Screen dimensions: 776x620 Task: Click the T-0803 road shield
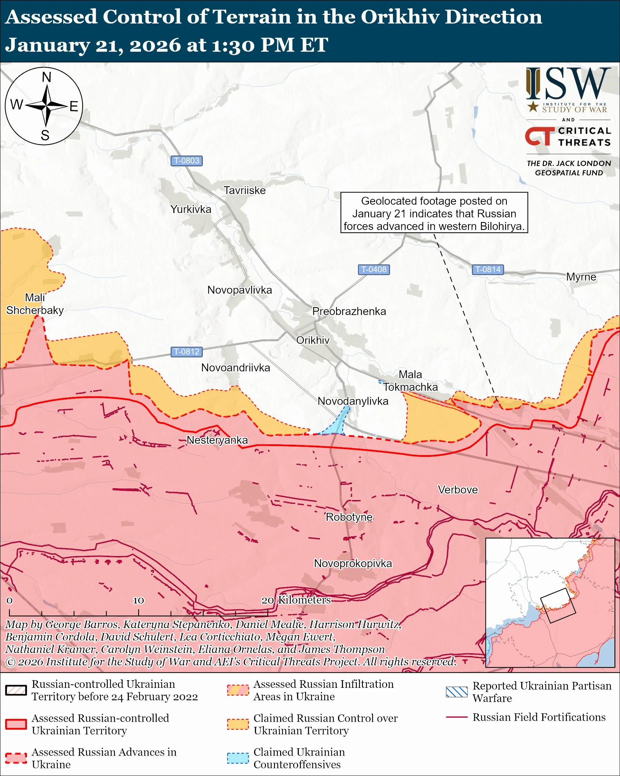[186, 160]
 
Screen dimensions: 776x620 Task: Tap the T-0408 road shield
[374, 269]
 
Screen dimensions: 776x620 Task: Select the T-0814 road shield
[488, 269]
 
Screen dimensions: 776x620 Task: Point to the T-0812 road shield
[186, 352]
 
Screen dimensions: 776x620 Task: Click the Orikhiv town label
[313, 340]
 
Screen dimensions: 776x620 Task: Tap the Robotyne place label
[349, 517]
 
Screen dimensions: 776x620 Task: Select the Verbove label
[458, 490]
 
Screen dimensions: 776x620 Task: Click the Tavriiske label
[245, 191]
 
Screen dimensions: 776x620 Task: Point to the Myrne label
[581, 277]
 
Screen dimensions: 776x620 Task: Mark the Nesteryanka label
[217, 440]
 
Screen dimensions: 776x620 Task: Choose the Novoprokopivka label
[353, 563]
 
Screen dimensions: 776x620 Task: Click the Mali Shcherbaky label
[35, 304]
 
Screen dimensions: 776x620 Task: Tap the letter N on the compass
[46, 77]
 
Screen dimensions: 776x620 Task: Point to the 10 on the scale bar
[139, 600]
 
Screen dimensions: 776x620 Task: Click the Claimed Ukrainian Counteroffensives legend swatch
[238, 758]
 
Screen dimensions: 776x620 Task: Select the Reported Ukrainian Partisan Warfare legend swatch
[457, 692]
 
